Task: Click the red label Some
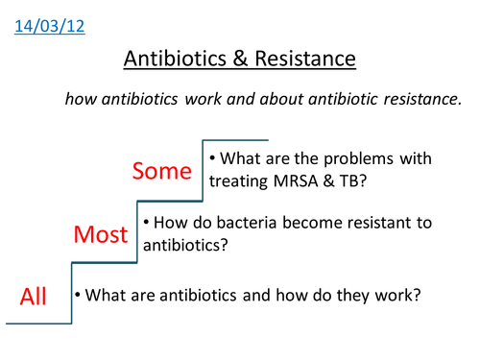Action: tap(165, 172)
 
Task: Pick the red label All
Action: tap(34, 296)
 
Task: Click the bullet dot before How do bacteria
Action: tap(145, 223)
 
